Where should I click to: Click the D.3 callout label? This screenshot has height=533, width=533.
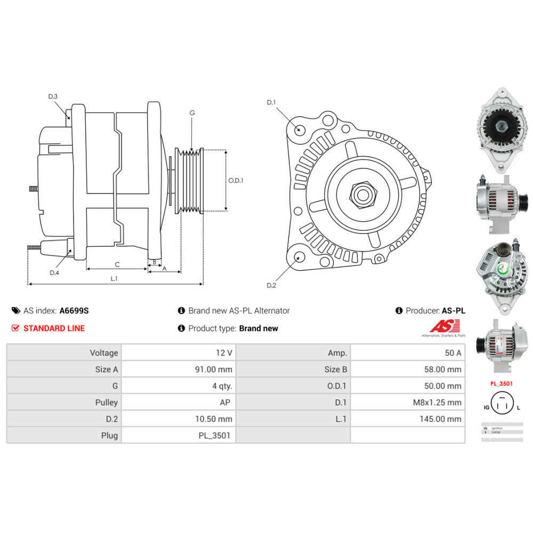[x=53, y=96]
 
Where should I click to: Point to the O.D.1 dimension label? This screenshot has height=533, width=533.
[x=236, y=180]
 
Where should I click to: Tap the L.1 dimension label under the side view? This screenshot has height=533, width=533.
[x=114, y=278]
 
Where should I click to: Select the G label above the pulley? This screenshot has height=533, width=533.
[x=192, y=112]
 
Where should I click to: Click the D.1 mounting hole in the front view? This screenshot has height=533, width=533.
[x=299, y=129]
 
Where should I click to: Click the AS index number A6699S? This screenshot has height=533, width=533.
[x=74, y=311]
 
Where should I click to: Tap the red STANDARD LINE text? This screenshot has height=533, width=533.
[x=54, y=328]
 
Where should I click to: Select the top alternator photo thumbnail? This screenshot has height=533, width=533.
[x=500, y=130]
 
